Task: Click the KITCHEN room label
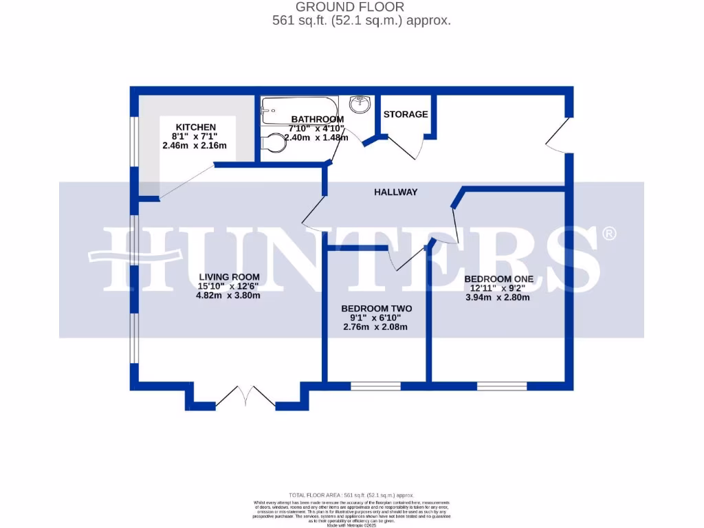click(x=196, y=127)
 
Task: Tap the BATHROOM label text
click(x=316, y=119)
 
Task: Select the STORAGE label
click(x=406, y=114)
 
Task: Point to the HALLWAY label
click(x=396, y=192)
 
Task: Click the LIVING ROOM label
click(x=229, y=277)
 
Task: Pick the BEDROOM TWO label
click(x=376, y=309)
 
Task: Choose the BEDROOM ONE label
click(x=499, y=278)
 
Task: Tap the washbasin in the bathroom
click(x=359, y=104)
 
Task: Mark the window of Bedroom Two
click(x=375, y=386)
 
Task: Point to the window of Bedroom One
click(x=502, y=386)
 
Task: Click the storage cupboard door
click(x=404, y=146)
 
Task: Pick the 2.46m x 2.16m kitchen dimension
click(x=195, y=146)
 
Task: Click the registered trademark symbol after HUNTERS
click(x=608, y=234)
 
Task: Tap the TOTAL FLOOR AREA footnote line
click(x=351, y=495)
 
